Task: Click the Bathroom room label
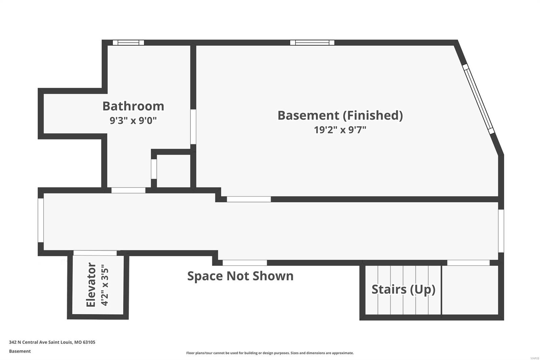[133, 106]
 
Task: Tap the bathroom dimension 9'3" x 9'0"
[133, 121]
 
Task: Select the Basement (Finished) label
[340, 115]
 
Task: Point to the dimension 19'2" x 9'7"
[340, 130]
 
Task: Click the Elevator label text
[91, 285]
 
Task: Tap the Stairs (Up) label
[403, 289]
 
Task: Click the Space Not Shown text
[240, 276]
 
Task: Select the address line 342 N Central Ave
[52, 342]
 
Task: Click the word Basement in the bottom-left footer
[20, 351]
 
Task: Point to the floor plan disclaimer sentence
[270, 353]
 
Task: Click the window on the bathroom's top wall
[128, 43]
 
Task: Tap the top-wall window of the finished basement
[312, 43]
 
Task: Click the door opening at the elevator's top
[95, 253]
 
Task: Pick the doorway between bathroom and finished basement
[193, 126]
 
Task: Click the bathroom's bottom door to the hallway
[128, 190]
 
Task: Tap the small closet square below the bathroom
[173, 171]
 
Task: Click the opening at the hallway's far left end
[41, 220]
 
